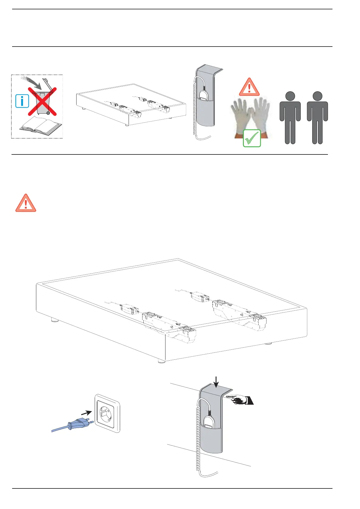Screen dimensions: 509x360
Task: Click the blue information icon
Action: click(x=22, y=101)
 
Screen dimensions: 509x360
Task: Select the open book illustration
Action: click(x=41, y=125)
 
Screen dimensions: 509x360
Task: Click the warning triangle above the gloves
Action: click(x=249, y=87)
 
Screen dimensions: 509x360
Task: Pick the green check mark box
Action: click(x=252, y=138)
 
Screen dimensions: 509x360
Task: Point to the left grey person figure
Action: click(x=290, y=118)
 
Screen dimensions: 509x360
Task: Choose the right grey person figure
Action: click(x=317, y=118)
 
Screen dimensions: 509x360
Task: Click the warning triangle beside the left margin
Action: click(x=26, y=203)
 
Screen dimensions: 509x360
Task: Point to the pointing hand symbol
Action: click(x=241, y=400)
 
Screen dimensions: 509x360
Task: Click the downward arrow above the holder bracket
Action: click(x=216, y=382)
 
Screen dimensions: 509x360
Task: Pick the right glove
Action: click(x=261, y=116)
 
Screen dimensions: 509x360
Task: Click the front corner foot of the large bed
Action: click(x=161, y=361)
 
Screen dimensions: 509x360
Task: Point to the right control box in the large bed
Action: click(x=200, y=296)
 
